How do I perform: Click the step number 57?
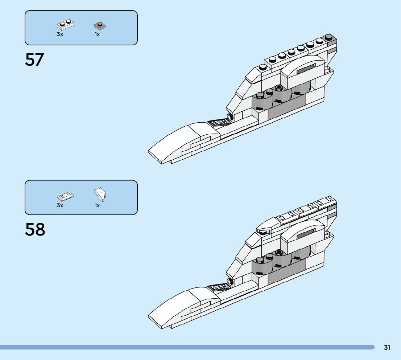click(34, 60)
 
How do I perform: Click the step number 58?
click(35, 230)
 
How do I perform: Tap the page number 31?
click(387, 348)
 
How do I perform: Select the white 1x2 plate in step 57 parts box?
click(66, 25)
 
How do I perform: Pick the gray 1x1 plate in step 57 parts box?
click(100, 26)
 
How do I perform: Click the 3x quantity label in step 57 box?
click(60, 34)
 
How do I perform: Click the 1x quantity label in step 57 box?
click(97, 34)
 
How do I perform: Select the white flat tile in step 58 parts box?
click(65, 196)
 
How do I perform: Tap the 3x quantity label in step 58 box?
click(60, 205)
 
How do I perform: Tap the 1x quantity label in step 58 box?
click(97, 205)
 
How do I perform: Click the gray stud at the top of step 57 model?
click(329, 37)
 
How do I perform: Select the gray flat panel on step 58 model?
click(286, 274)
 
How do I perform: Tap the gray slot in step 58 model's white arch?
click(306, 235)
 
